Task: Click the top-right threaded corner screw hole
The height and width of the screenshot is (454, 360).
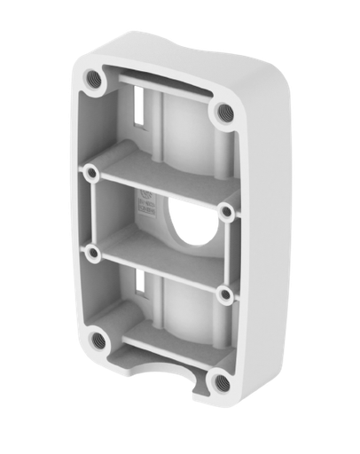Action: coord(222,112)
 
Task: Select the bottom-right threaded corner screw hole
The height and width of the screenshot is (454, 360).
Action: coord(218,382)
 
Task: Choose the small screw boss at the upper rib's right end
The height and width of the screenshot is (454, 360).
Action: coord(226,211)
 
